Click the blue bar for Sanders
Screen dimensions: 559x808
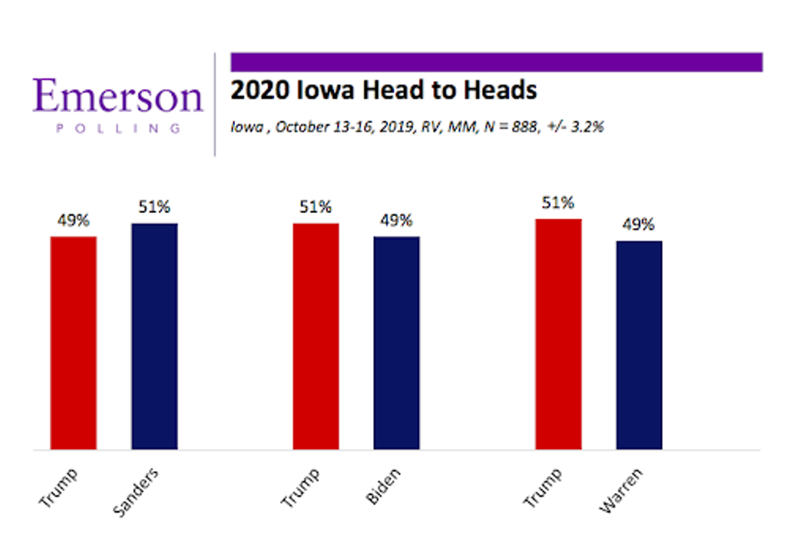point(154,337)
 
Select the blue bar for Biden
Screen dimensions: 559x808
point(397,343)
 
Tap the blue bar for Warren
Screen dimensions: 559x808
point(639,345)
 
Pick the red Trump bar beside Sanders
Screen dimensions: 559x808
point(73,343)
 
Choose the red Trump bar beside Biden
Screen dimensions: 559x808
point(316,337)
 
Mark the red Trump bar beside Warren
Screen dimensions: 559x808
point(558,334)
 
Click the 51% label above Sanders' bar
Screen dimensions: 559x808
point(154,207)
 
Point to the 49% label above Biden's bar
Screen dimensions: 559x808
point(397,221)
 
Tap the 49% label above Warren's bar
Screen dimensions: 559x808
point(639,225)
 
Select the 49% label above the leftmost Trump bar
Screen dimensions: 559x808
point(73,221)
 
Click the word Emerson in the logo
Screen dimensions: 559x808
point(118,96)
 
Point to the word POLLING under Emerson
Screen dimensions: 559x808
point(118,128)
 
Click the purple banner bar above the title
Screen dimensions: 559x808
point(496,62)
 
